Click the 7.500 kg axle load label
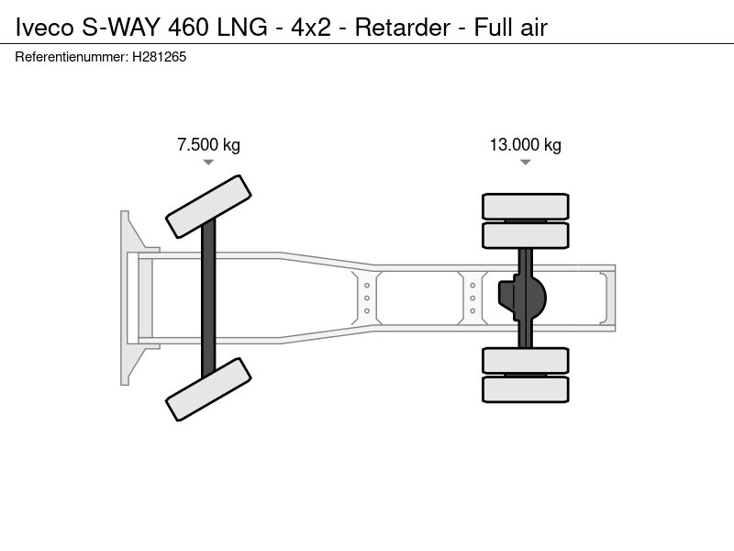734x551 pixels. tap(208, 145)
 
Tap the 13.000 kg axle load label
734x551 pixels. tap(525, 145)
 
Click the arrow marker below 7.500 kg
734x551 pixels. tap(208, 163)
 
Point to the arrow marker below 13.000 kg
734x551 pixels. tap(525, 163)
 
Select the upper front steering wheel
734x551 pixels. tap(209, 206)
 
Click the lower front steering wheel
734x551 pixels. tap(208, 389)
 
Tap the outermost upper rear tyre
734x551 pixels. tap(526, 206)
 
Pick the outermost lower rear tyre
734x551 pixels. tap(526, 388)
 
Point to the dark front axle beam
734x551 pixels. tap(208, 298)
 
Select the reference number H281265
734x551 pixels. tap(159, 57)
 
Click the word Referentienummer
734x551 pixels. tap(72, 57)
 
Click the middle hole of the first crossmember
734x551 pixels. tap(367, 298)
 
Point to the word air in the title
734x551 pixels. tap(531, 28)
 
